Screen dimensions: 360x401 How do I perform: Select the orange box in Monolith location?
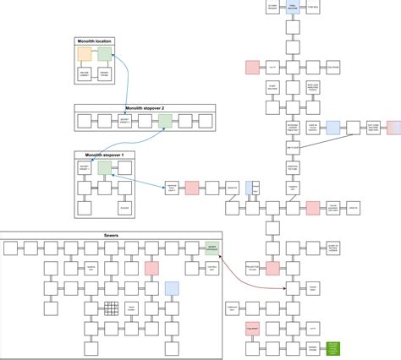[x=84, y=54]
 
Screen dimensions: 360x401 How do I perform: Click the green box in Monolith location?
[x=104, y=54]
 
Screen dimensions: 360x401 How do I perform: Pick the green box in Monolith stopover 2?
[x=165, y=122]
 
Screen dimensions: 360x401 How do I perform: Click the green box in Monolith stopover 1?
[x=104, y=168]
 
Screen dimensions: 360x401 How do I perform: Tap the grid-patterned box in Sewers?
[x=111, y=308]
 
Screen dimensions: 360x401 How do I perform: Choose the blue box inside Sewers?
[x=172, y=288]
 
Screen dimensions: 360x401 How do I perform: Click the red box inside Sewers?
[x=151, y=268]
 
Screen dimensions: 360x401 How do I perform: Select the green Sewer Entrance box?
[x=211, y=248]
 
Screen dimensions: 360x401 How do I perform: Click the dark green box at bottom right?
[x=332, y=348]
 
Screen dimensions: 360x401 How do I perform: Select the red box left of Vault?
[x=251, y=66]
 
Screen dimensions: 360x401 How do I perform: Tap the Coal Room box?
[x=332, y=66]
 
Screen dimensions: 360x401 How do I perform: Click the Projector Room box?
[x=251, y=268]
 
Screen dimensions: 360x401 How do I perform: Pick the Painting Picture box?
[x=292, y=167]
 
